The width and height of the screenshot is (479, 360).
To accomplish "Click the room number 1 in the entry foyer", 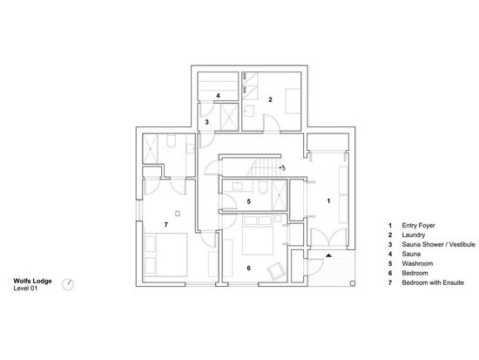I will pos(327,201).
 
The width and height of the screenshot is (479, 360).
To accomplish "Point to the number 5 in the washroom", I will pos(249,202).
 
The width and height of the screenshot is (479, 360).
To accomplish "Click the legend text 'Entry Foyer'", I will pos(419,226).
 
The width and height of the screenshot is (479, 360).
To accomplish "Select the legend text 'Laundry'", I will pos(413,235).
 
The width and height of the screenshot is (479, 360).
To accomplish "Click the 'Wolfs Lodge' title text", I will pos(32,281).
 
